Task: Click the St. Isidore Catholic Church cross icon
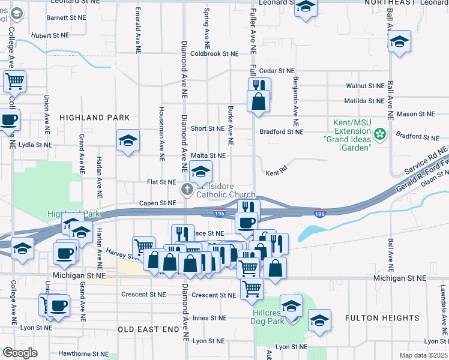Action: tap(187, 190)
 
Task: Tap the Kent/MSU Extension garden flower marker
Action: tap(379, 133)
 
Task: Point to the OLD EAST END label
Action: tap(148, 329)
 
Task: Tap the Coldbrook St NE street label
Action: tap(214, 53)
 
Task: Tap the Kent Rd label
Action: tap(273, 173)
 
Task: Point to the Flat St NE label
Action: tap(162, 182)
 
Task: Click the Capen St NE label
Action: tap(157, 203)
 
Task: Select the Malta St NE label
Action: tap(208, 155)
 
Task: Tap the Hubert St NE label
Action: tap(50, 36)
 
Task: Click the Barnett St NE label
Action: tap(65, 18)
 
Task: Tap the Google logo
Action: tap(20, 353)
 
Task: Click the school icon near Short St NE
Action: tap(128, 141)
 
